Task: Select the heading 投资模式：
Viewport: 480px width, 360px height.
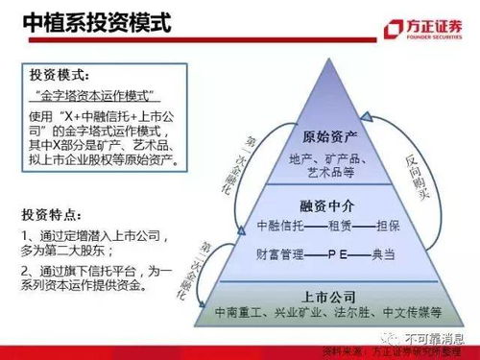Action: [x=60, y=74]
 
